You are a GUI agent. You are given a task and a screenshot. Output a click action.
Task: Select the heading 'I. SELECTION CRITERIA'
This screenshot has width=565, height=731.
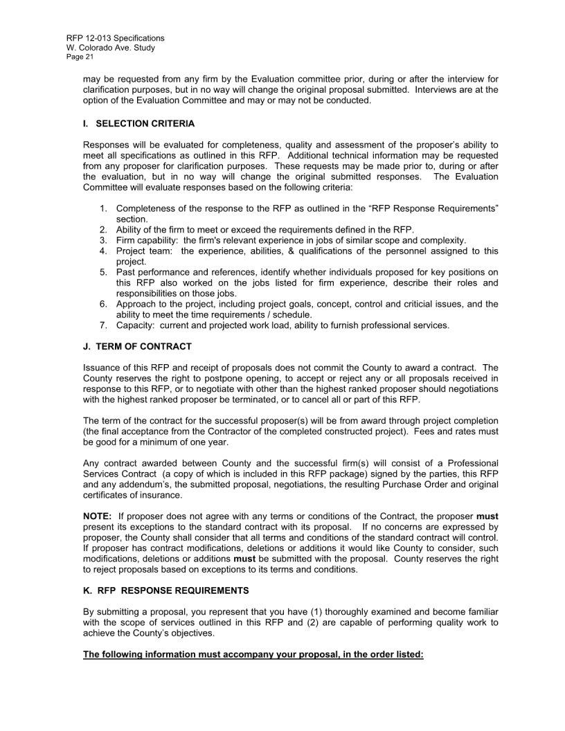(138, 124)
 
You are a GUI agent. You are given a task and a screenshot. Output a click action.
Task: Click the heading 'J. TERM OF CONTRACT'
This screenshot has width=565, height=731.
(137, 346)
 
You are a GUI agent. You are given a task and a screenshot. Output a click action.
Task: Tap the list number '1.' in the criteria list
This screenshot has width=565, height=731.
(103, 208)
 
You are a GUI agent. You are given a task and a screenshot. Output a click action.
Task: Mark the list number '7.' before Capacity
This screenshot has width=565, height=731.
(103, 325)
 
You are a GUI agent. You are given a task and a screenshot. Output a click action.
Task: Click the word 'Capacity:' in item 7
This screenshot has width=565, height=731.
(136, 325)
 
